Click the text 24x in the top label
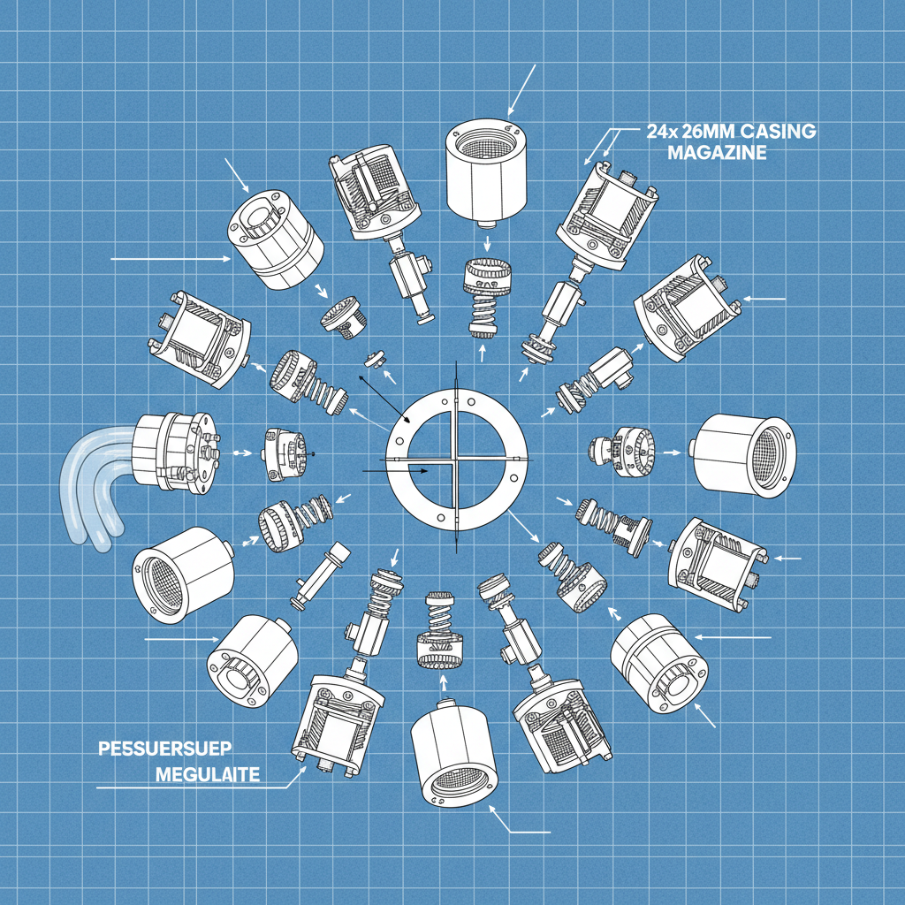tap(654, 133)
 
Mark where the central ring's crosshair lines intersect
tap(453, 460)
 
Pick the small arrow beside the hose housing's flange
tap(239, 453)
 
